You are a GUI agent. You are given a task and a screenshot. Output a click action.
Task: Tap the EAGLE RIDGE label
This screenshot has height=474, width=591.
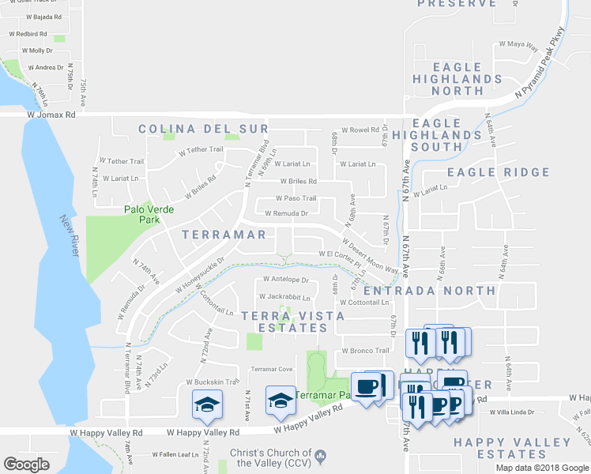498,172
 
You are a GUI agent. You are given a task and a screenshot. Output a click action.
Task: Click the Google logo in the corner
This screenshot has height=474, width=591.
26,465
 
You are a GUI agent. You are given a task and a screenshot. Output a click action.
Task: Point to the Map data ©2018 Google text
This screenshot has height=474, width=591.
542,467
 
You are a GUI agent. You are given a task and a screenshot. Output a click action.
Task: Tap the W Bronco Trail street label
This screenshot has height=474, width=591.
365,351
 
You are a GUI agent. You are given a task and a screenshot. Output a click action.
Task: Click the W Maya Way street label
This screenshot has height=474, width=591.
518,45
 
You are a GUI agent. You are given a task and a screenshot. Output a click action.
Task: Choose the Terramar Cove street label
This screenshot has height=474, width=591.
271,369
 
